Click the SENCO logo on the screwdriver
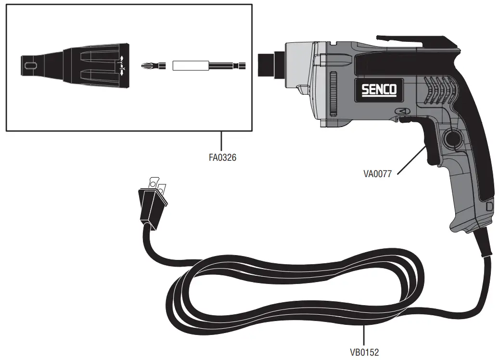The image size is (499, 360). (379, 89)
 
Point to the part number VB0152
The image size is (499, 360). (364, 352)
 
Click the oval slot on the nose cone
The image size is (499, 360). (31, 64)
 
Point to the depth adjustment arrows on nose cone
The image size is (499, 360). (122, 64)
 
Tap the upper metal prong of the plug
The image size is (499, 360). (154, 181)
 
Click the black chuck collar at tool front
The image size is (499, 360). (266, 64)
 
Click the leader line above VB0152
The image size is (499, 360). (364, 335)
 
